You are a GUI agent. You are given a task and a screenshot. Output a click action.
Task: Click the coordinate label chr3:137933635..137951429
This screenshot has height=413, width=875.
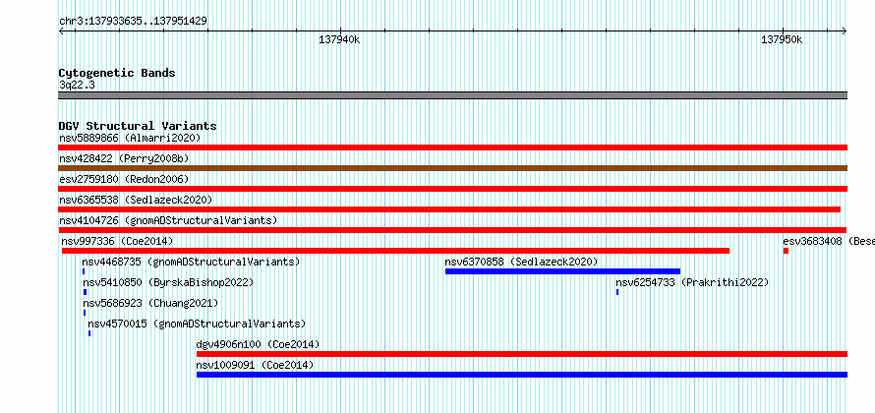coord(134,22)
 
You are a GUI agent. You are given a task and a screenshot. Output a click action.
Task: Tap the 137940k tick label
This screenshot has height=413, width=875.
coord(339,39)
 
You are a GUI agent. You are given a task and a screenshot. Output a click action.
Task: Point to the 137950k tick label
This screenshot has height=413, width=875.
coord(782,39)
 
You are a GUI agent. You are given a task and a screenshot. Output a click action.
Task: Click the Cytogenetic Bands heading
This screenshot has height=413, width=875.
coord(117,73)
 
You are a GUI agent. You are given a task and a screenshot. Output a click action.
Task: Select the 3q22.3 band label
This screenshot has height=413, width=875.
coord(77,85)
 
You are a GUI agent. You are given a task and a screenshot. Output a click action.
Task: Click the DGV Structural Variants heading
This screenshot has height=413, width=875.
coord(138,126)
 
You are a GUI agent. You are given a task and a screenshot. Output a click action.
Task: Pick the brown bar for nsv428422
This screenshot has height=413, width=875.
coord(453,168)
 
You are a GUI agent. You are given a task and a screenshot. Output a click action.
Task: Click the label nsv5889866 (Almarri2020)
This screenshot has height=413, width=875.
coord(130,138)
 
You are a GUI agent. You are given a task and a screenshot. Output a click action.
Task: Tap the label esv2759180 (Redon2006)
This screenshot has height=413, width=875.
coord(124,179)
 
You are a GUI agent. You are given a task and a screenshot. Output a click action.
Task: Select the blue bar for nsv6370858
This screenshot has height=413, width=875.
coord(562,271)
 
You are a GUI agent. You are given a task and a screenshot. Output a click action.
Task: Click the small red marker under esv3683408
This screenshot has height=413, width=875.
coord(786,251)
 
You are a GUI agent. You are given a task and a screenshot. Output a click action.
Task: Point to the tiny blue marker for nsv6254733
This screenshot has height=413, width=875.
coord(617,292)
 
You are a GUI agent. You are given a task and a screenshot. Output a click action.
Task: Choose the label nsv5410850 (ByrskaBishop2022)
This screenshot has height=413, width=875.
coord(168,282)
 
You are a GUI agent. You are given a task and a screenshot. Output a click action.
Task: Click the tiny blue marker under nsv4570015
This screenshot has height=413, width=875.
coord(89,333)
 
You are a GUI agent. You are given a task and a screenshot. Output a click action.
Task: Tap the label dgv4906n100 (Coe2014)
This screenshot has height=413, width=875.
coord(258,344)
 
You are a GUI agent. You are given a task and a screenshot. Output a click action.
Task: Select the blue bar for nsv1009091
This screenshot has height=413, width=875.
coord(522,375)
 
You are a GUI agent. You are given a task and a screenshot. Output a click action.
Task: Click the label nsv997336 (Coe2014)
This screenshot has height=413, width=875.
coord(117,241)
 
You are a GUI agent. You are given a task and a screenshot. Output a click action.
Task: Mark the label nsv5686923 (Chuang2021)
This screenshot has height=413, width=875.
coord(150,303)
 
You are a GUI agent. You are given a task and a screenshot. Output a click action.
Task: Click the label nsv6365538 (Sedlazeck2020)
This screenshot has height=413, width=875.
coord(136,200)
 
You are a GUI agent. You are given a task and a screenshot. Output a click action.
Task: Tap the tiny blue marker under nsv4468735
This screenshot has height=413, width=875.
coord(84,271)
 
